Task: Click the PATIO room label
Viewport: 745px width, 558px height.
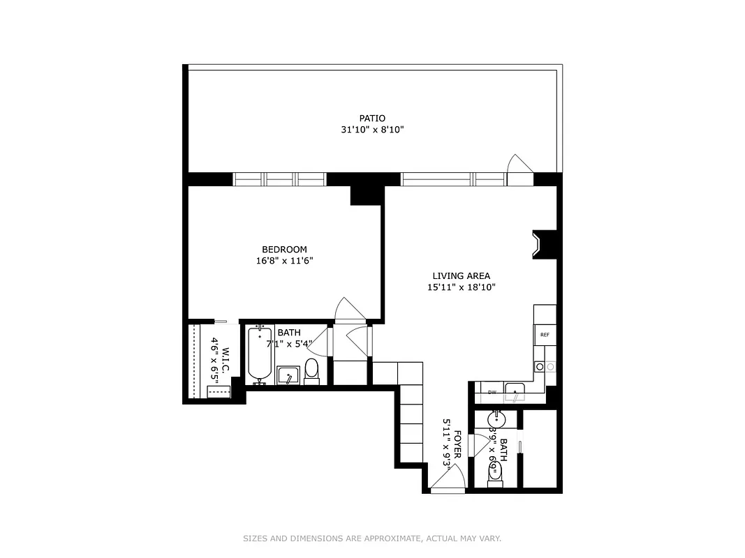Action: pos(372,119)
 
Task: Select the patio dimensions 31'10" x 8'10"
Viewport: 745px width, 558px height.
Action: pos(372,130)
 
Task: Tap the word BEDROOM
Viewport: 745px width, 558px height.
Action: pos(284,250)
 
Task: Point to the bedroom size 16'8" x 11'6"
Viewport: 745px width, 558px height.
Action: pos(284,261)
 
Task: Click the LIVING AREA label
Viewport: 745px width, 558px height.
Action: pos(461,276)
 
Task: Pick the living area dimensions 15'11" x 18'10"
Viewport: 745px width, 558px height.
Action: pos(461,287)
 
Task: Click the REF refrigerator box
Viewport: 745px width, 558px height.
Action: pos(545,335)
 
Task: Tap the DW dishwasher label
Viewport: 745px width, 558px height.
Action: pos(492,393)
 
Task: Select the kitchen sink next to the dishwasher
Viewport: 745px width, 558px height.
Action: pos(515,392)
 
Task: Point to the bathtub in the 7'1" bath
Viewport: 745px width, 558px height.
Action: pos(259,355)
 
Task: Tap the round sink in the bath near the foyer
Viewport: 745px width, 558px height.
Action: pos(496,419)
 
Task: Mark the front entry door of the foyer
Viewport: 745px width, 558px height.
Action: pos(448,481)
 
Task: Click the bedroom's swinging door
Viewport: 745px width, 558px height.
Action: pos(347,310)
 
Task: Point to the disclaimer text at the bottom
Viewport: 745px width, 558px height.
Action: pos(372,538)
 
